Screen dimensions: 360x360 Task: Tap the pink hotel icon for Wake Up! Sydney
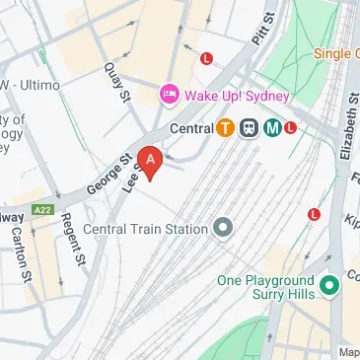pos(168,96)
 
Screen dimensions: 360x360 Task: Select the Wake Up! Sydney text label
pos(235,96)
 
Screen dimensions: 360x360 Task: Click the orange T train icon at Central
pos(226,127)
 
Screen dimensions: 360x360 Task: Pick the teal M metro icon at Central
pos(268,127)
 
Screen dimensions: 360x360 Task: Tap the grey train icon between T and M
pos(248,127)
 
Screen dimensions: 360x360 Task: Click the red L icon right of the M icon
pos(290,127)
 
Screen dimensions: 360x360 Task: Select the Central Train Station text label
pos(145,229)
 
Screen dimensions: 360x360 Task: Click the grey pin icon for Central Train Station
pos(223,229)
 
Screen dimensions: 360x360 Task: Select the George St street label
pos(109,167)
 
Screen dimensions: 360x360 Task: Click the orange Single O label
pos(335,52)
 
